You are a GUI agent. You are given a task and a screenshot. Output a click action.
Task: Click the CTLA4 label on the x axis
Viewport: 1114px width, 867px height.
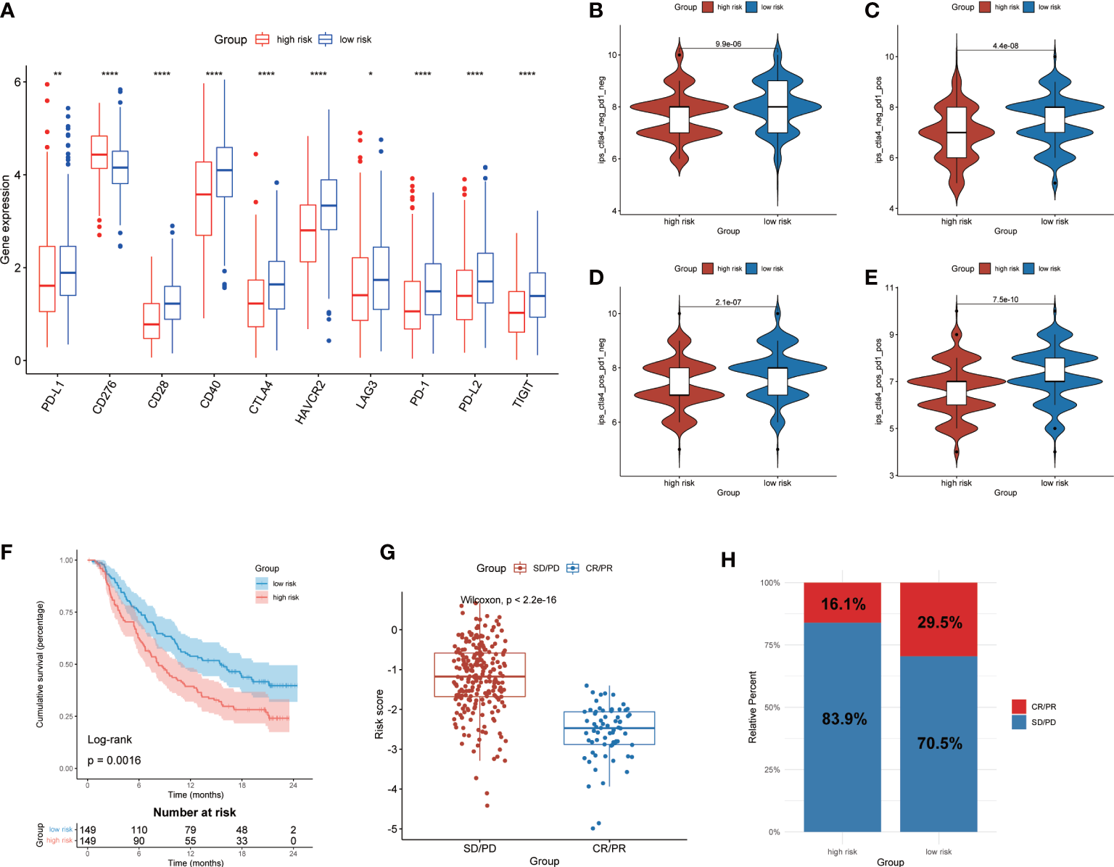[x=260, y=397]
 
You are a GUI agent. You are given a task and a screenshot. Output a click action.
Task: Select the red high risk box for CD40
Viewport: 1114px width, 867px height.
[x=204, y=198]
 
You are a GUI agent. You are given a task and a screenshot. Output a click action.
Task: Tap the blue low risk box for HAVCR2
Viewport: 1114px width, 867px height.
[x=329, y=204]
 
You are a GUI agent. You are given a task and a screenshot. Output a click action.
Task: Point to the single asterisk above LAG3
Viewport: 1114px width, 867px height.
[x=371, y=75]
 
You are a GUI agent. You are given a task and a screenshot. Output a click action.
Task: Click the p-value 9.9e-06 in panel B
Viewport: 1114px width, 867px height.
[x=728, y=44]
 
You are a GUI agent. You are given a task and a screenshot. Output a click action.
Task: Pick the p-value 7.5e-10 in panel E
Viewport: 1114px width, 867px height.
[x=1005, y=299]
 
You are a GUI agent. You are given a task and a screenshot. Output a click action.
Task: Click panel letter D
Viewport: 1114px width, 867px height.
[x=596, y=278]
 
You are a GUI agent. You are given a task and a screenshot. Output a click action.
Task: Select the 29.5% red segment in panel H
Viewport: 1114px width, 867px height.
[x=938, y=619]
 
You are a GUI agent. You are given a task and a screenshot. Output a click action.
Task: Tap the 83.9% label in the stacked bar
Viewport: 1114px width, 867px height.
[x=844, y=719]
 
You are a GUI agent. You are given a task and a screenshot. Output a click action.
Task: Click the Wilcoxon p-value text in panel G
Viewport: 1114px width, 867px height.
[x=508, y=600]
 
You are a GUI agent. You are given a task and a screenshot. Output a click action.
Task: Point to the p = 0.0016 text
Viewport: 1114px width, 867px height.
[x=114, y=760]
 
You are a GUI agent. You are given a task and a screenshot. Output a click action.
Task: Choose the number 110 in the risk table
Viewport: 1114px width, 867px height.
[x=139, y=830]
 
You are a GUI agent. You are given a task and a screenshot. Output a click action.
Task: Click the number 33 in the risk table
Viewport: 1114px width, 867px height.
[x=242, y=841]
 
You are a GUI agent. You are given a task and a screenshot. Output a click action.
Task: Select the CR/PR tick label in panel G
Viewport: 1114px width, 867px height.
[x=608, y=848]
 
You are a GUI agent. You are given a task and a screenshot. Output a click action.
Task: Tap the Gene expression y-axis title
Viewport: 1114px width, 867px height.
[x=7, y=220]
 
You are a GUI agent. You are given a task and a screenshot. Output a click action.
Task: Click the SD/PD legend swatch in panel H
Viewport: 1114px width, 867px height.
[x=1019, y=722]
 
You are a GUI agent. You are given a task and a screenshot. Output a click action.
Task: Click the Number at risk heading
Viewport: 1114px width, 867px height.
[x=194, y=813]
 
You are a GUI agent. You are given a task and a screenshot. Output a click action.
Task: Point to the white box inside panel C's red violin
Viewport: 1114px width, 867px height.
[x=957, y=132]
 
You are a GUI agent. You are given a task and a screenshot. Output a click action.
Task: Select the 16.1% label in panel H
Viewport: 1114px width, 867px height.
[x=843, y=604]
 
